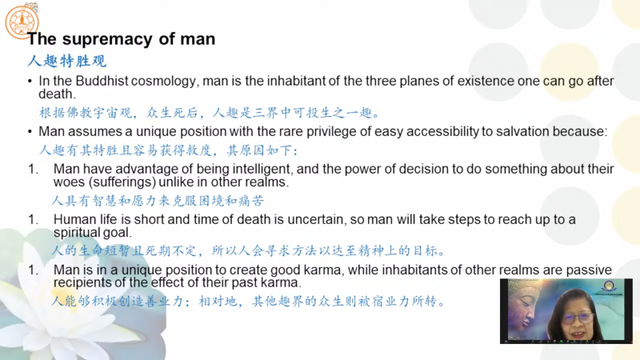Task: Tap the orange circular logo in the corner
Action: [x=22, y=22]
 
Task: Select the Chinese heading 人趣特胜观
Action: [x=67, y=61]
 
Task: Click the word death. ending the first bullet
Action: [x=57, y=94]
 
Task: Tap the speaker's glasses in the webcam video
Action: [x=579, y=317]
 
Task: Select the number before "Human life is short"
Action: [x=33, y=219]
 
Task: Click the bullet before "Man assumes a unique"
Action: [x=30, y=132]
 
